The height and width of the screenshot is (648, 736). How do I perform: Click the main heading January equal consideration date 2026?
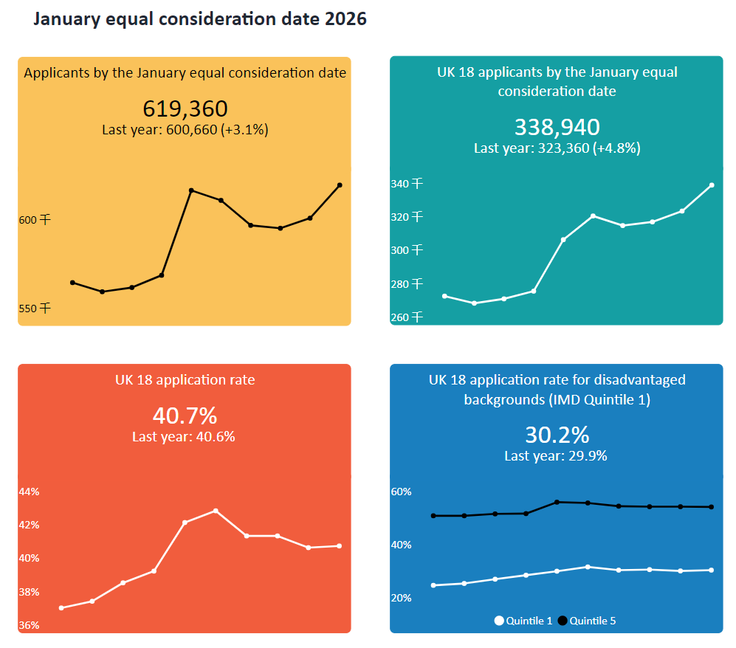[200, 20]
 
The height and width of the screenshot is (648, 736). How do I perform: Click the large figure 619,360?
[185, 108]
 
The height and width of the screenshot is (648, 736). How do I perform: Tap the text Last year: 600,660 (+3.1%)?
[185, 129]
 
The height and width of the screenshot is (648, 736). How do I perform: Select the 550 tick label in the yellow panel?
[35, 309]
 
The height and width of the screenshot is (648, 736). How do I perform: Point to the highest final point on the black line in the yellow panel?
[340, 185]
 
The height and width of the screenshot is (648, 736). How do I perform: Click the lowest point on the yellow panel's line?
[102, 292]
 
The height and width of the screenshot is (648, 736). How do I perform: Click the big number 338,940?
[557, 127]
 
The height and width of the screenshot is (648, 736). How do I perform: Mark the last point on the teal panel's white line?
[712, 185]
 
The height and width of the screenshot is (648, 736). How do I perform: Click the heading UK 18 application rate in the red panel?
[185, 380]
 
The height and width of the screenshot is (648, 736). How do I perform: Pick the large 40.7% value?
[185, 416]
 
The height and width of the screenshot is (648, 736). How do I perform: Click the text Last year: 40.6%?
[184, 436]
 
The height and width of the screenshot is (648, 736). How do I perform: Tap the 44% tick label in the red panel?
[30, 492]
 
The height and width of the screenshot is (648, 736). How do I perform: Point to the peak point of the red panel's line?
[216, 511]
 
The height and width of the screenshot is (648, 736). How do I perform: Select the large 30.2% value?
[557, 434]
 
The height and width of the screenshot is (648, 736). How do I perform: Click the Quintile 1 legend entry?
[523, 621]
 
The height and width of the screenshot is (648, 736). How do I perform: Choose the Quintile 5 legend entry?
[587, 621]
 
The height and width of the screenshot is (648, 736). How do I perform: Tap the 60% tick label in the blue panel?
[401, 492]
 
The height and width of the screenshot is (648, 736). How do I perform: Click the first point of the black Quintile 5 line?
[433, 516]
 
